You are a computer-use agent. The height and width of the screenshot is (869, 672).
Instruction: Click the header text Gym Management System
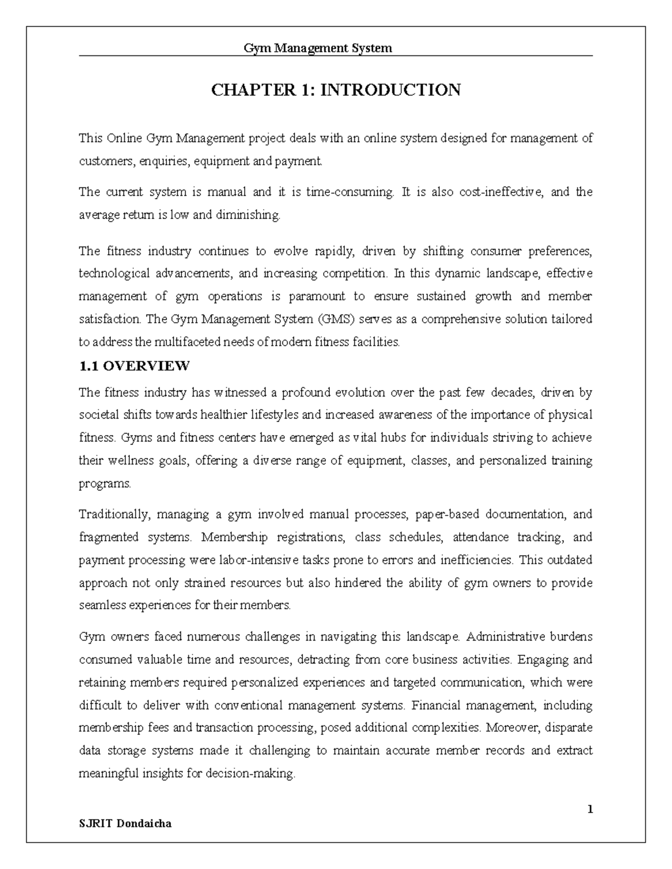click(318, 48)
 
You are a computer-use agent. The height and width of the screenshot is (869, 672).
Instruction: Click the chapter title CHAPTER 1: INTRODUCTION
click(335, 90)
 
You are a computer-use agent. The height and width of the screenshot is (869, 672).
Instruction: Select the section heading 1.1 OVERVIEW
click(134, 367)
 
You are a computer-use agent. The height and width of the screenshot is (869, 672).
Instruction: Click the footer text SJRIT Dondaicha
click(125, 824)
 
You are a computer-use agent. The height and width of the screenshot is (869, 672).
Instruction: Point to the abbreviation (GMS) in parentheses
click(335, 320)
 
